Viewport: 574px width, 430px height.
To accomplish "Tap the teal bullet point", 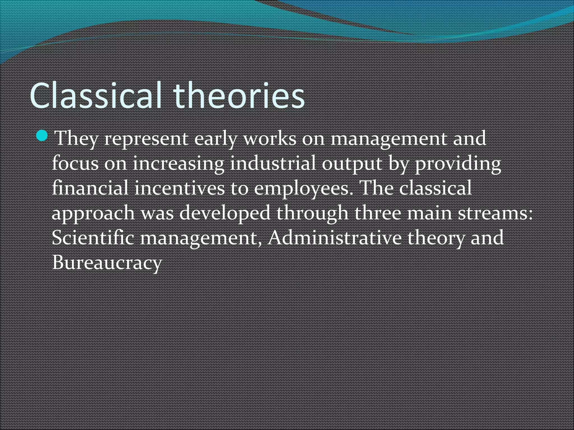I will click(x=43, y=136).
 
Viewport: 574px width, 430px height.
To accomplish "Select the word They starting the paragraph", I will click(x=76, y=139).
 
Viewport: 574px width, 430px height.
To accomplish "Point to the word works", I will click(x=270, y=139).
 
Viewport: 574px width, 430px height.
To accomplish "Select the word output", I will click(x=351, y=164).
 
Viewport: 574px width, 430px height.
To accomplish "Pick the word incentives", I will click(x=179, y=188).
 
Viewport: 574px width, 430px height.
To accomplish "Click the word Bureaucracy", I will click(x=107, y=263).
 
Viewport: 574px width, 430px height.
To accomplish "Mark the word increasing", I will click(x=179, y=164).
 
